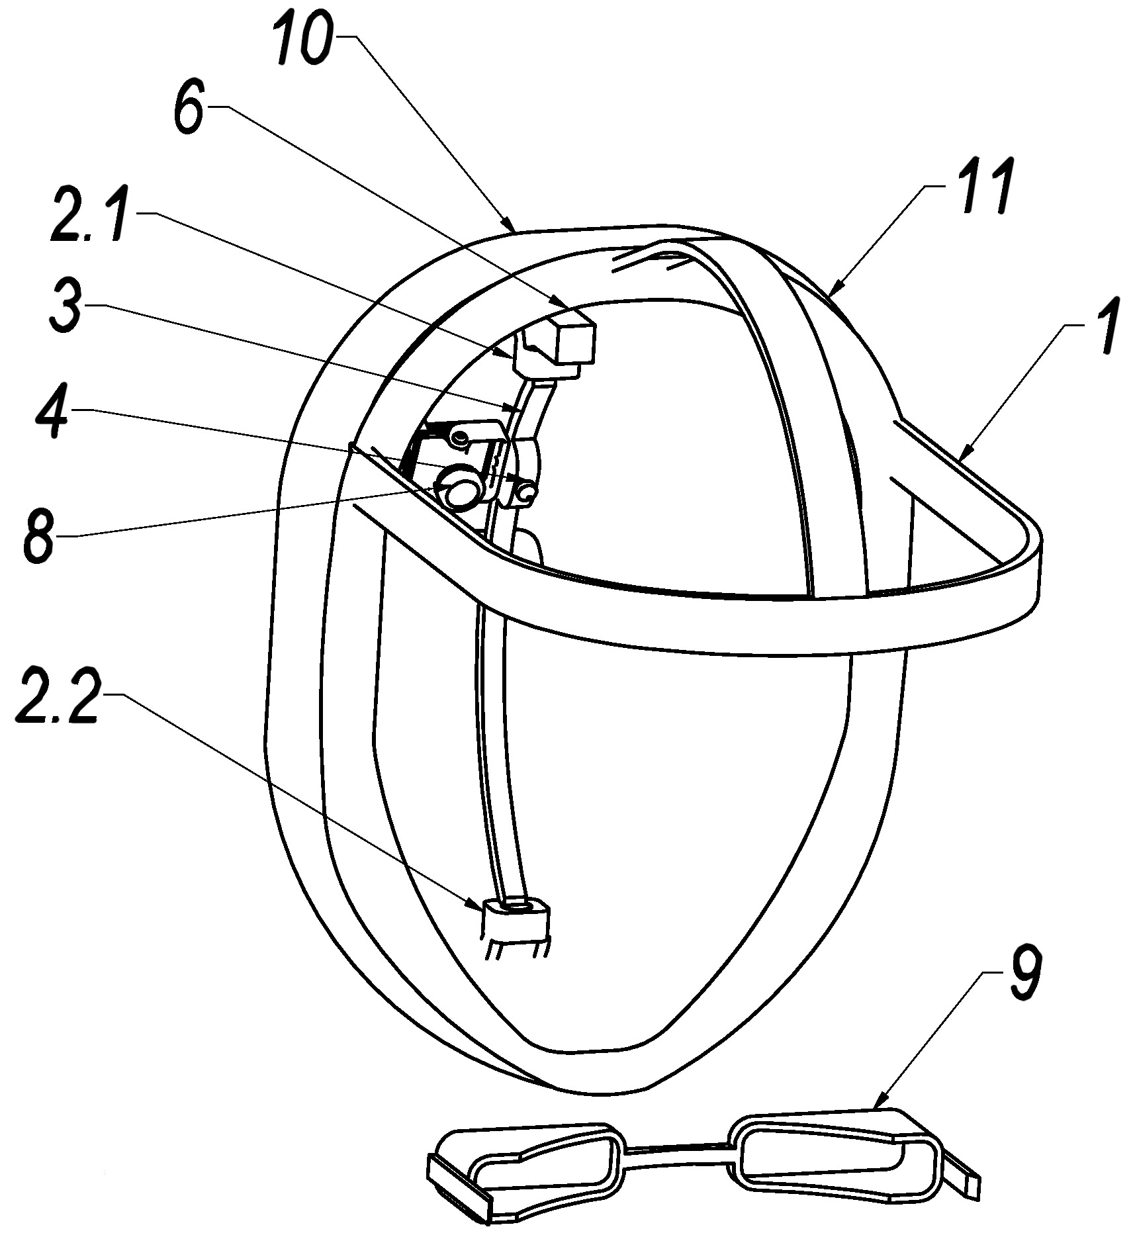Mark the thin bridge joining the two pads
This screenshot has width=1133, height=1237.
click(x=678, y=1153)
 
